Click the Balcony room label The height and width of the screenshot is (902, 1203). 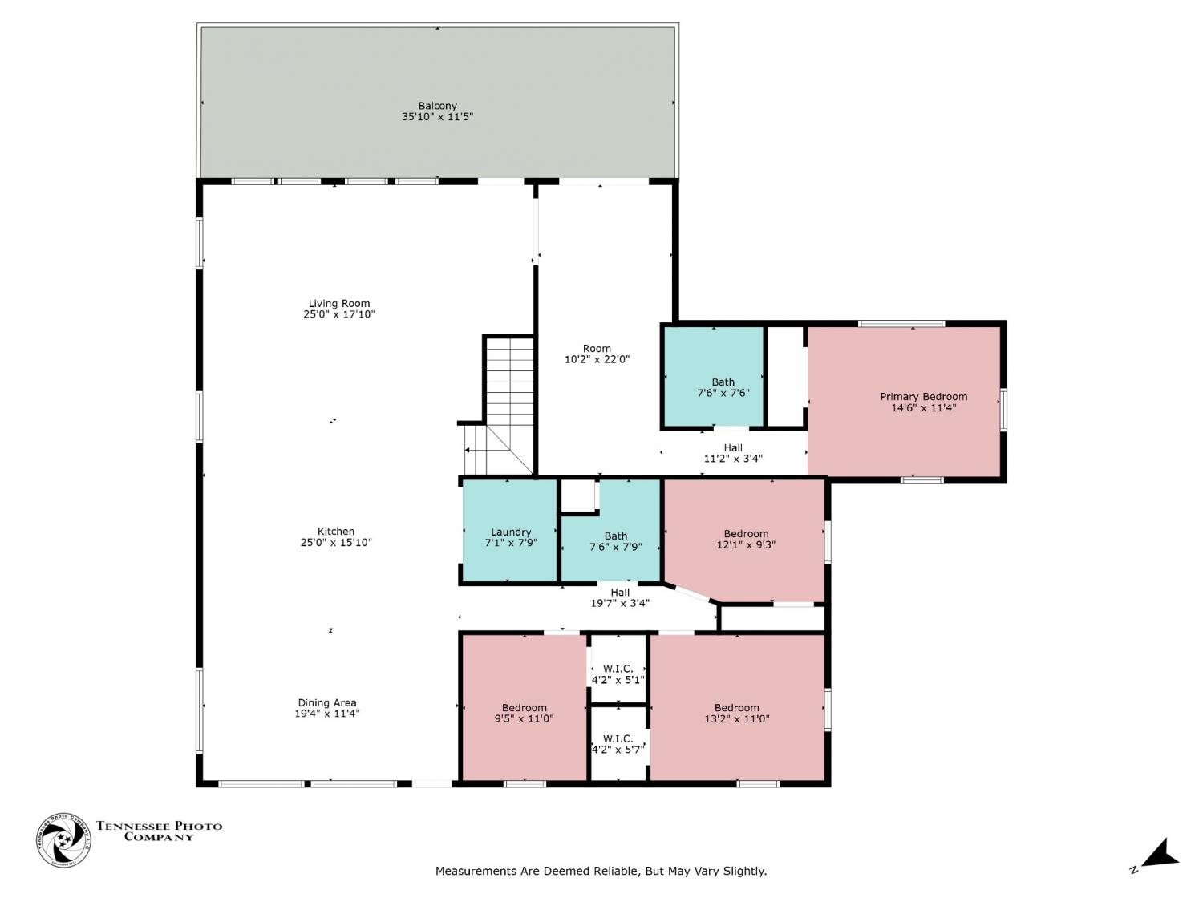pos(437,106)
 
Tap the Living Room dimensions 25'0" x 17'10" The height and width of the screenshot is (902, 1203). pos(339,314)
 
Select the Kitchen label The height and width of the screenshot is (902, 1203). pos(336,532)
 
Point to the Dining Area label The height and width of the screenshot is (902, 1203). pos(327,702)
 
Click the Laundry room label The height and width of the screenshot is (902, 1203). pos(511,532)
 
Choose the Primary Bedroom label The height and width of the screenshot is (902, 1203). pos(923,397)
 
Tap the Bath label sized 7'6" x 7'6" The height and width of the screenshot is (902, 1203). pos(723,382)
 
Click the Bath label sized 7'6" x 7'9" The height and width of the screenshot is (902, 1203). pos(616,536)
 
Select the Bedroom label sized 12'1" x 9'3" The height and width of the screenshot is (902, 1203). pos(747,533)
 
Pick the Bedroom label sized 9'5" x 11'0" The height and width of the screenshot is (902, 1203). pos(525,708)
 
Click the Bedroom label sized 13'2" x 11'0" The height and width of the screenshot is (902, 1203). pos(737,708)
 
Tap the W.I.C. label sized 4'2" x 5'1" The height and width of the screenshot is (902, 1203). pos(618,669)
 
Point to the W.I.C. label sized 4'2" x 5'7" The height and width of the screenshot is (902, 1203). pos(618,738)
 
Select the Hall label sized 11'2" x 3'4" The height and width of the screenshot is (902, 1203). pos(733,447)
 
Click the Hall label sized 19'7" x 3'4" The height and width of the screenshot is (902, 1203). pos(621,592)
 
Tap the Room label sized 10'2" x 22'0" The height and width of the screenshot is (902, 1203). pos(597,348)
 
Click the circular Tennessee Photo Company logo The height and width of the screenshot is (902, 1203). pos(63,839)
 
